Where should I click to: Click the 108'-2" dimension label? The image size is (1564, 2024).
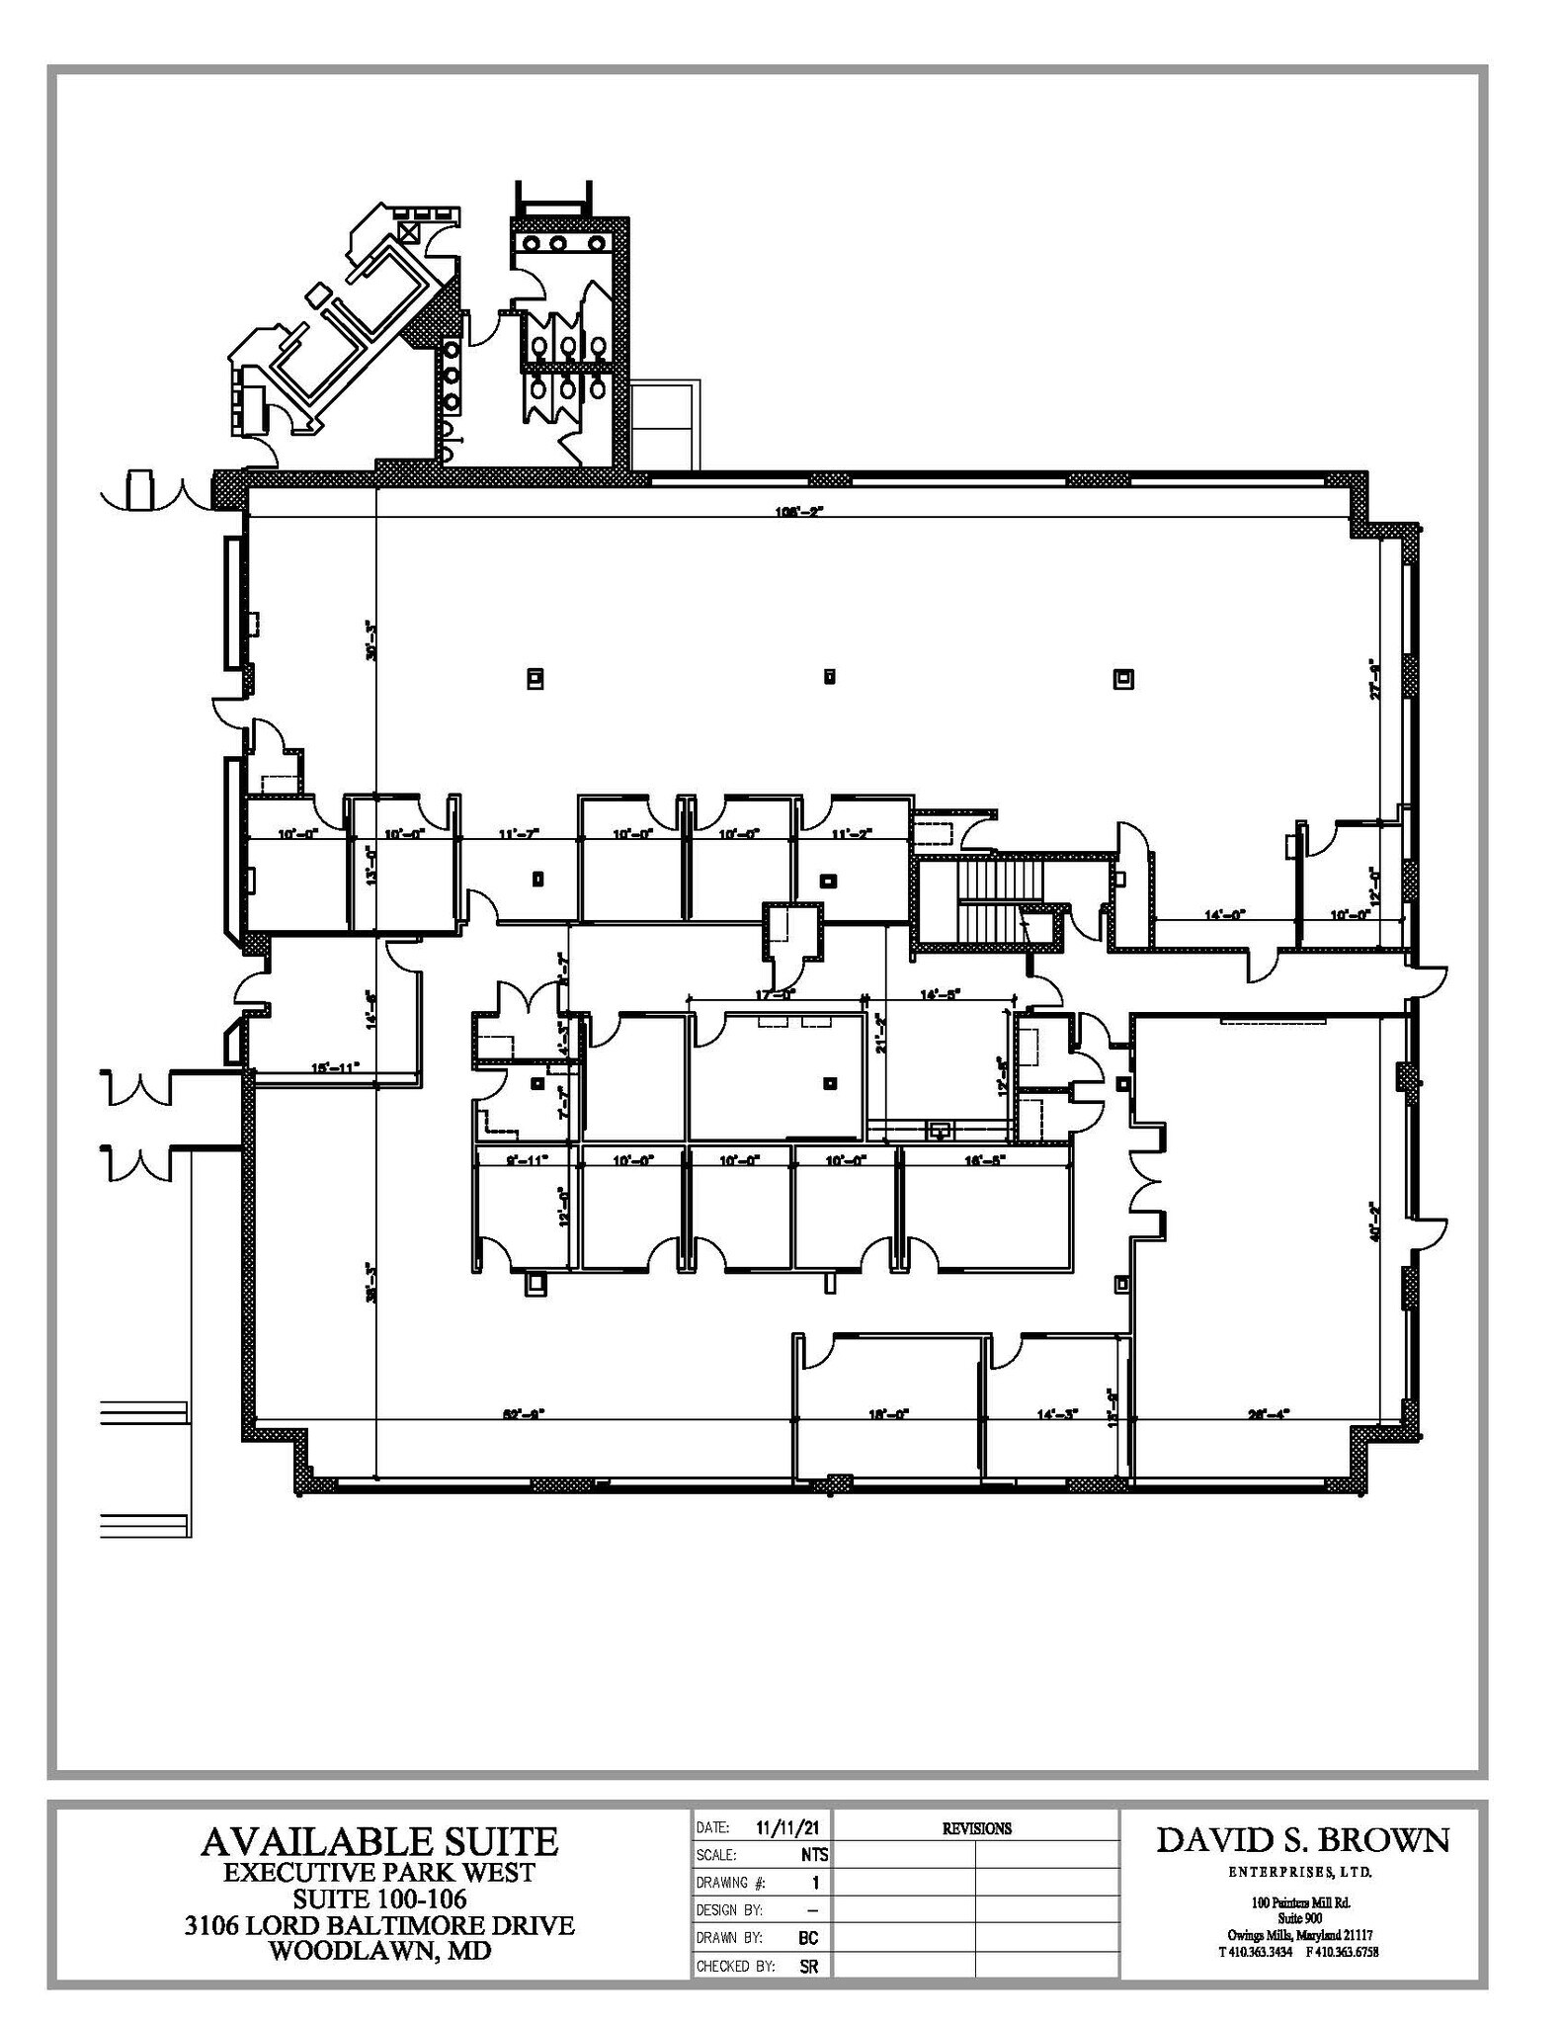tap(798, 511)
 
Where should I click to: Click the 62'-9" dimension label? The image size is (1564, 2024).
tap(524, 1414)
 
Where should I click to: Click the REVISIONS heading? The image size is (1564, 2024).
tap(976, 1828)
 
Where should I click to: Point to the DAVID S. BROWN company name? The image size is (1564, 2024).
tap(1303, 1840)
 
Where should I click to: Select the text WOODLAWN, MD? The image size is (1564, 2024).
tap(379, 1953)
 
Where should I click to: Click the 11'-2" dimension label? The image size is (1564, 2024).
tap(850, 834)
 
